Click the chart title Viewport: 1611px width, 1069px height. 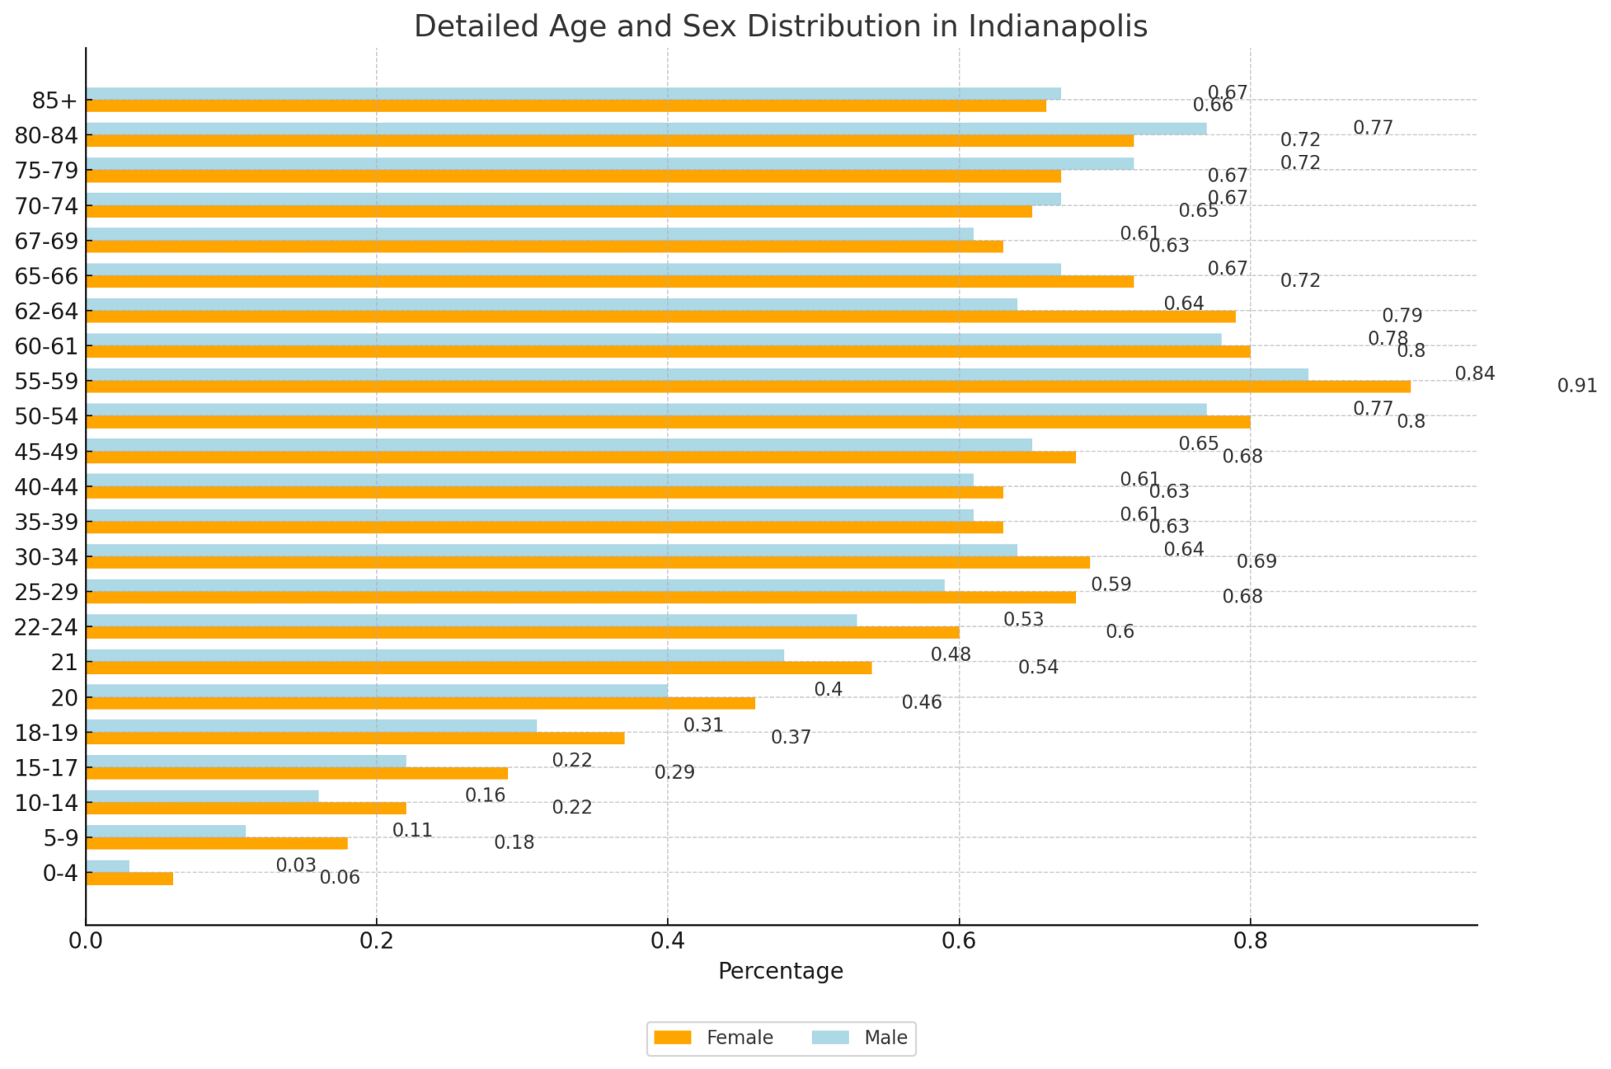pos(780,27)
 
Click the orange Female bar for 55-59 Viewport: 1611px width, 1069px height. pos(747,387)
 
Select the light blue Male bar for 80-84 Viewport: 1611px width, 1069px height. pos(645,128)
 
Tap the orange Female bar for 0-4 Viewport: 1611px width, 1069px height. pos(129,879)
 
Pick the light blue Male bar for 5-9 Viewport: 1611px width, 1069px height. pos(165,831)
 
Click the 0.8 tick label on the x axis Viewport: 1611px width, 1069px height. pos(1250,940)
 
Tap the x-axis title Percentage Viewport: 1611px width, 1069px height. pos(780,971)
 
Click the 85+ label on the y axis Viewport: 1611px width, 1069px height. pos(55,101)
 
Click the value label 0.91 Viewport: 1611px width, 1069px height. pos(1577,386)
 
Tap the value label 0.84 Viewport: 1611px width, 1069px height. pos(1474,374)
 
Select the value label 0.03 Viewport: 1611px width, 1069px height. pos(296,865)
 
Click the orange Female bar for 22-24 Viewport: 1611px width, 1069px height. pos(522,632)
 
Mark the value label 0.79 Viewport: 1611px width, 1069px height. pos(1402,316)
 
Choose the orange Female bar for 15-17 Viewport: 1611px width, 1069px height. pos(297,773)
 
